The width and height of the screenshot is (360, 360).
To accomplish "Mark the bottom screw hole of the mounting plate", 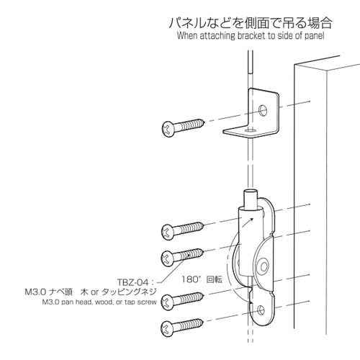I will (x=261, y=311).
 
